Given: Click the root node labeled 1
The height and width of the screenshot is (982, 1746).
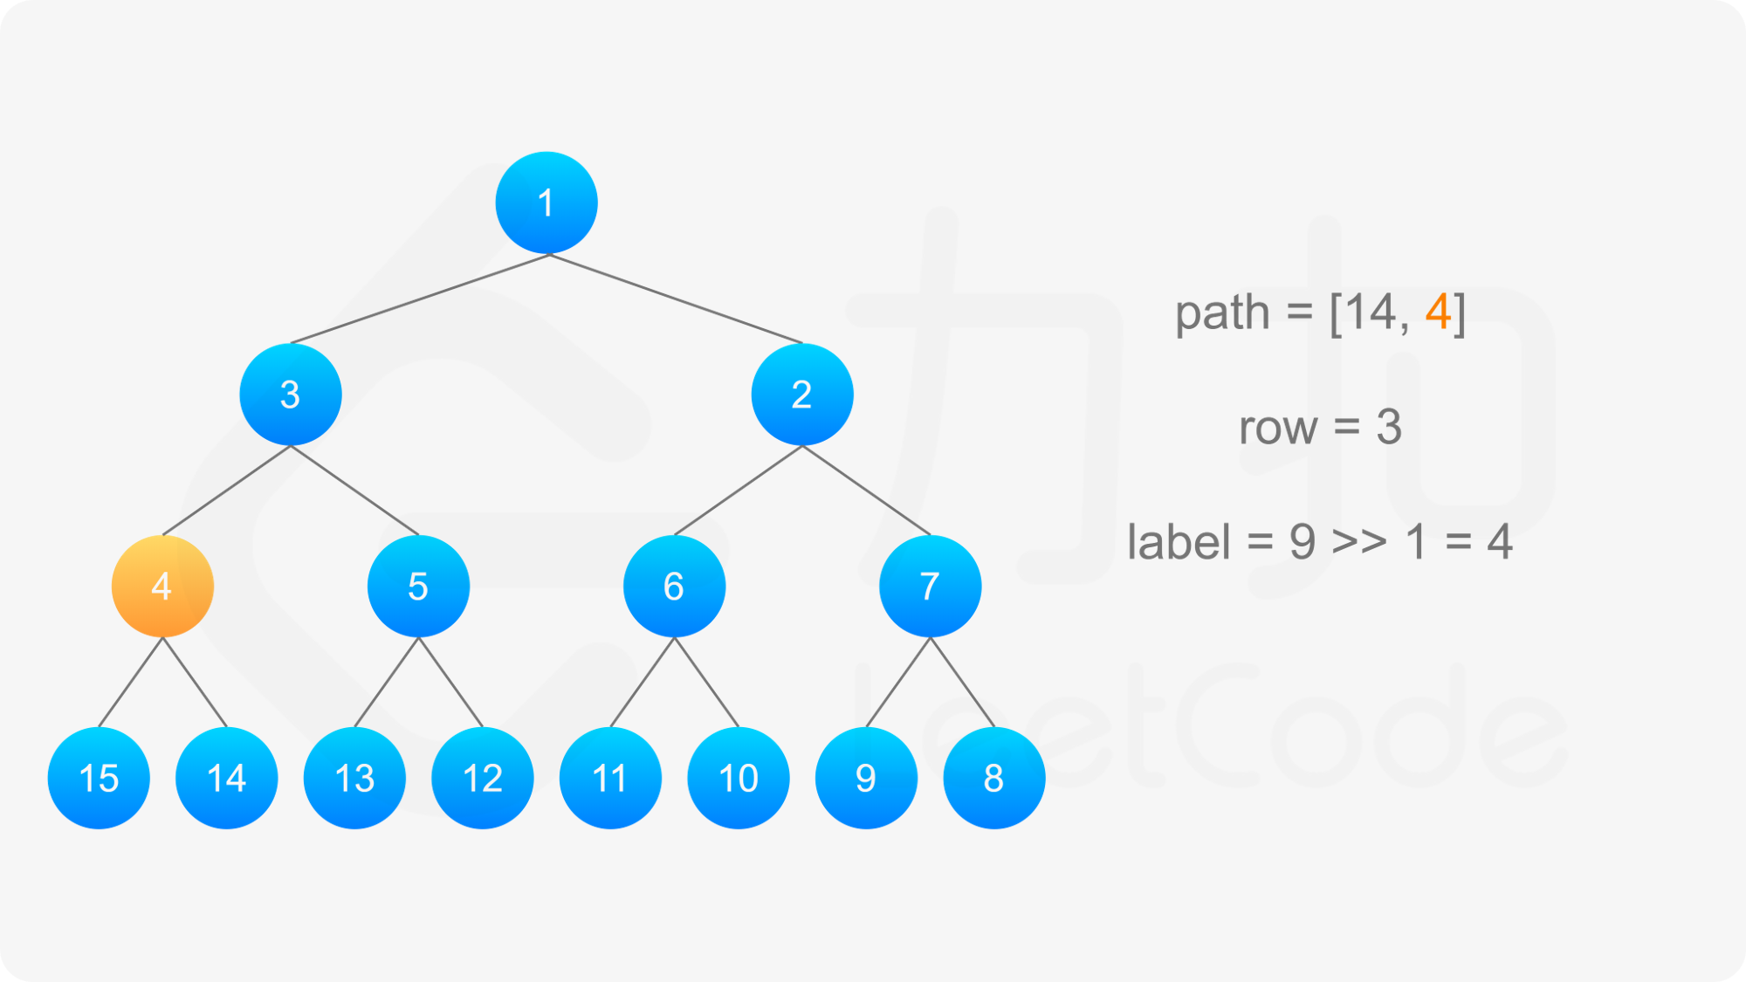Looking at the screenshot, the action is pos(546,203).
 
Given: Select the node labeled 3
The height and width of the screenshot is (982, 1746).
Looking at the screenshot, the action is pos(291,395).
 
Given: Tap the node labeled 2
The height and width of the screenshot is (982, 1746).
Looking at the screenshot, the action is pos(802,395).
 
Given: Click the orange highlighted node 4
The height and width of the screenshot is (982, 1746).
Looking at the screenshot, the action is pos(162,587).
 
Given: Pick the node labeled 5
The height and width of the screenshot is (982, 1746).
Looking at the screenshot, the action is pos(418,587).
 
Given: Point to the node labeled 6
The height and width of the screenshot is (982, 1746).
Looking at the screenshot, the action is pos(674,587).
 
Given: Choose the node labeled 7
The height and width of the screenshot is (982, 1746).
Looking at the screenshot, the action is pos(931,587).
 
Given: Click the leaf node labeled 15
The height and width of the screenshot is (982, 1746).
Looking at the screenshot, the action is pos(99,778).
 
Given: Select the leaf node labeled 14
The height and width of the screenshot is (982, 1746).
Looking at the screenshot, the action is pos(227,778).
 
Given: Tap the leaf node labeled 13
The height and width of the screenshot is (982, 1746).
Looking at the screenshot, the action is pos(354,778).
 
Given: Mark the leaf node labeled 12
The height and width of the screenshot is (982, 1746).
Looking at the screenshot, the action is pos(483,778).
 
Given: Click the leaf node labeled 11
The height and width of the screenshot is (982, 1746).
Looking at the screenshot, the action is pos(610,778).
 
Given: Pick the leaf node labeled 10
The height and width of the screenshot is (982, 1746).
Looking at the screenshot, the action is pos(739,778).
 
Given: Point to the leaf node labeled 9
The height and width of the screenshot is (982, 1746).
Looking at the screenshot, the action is pos(866,778).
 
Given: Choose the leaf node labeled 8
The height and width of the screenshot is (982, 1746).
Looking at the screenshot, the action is pos(994,778).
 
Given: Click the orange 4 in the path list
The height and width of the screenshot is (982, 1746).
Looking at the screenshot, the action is pos(1438,312).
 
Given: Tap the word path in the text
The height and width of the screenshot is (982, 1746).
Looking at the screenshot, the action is pos(1222,313).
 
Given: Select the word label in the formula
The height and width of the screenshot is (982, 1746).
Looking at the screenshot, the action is pos(1179,541).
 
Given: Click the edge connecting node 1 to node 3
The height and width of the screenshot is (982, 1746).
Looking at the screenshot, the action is pos(419,299).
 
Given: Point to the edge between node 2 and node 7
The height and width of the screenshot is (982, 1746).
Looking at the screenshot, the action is pos(866,491).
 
